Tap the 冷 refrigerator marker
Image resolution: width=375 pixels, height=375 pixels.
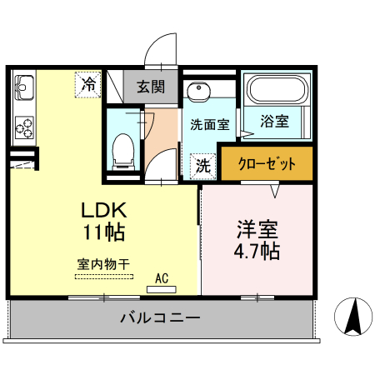pyautogui.click(x=87, y=83)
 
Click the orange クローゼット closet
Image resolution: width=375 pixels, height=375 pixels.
pyautogui.click(x=267, y=163)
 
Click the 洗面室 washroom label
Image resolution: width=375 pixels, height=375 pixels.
pyautogui.click(x=209, y=125)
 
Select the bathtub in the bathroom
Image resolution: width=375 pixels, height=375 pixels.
pyautogui.click(x=276, y=89)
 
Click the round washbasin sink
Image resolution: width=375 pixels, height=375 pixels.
pyautogui.click(x=198, y=92)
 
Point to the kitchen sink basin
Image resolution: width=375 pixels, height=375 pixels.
pyautogui.click(x=22, y=86)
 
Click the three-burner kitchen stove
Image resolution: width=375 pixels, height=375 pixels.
pyautogui.click(x=23, y=127)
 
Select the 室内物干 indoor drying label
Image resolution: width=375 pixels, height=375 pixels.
pyautogui.click(x=104, y=264)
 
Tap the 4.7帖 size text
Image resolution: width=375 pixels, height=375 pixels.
pyautogui.click(x=256, y=249)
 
